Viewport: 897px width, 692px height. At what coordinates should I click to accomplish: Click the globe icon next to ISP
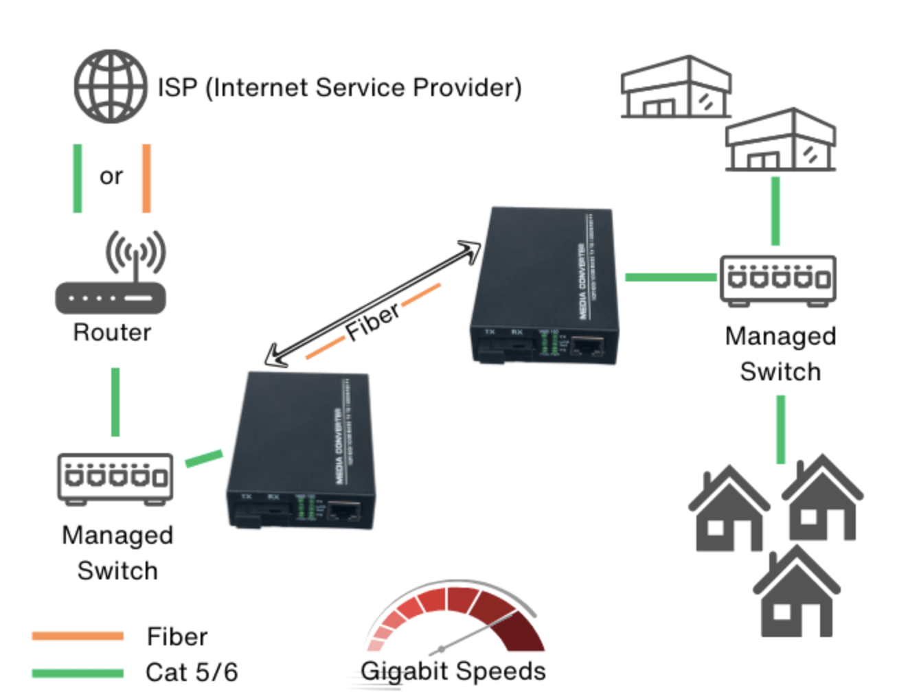pos(111,86)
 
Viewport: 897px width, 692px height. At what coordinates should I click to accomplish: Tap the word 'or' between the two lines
pos(111,176)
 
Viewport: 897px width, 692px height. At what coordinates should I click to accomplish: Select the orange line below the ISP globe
pos(146,178)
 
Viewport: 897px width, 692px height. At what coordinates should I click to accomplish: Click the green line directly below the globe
pos(78,178)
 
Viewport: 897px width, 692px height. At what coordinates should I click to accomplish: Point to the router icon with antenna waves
pos(111,275)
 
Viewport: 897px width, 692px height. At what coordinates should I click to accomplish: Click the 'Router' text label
pos(112,332)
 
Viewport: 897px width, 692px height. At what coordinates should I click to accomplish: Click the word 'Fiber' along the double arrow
pos(372,321)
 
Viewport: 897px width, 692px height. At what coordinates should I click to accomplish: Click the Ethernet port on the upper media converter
pos(587,347)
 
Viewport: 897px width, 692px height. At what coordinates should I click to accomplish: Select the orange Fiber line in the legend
pos(78,636)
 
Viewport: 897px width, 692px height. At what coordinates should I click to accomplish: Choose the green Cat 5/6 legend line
pos(78,673)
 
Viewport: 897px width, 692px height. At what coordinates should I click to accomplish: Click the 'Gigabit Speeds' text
pos(453,671)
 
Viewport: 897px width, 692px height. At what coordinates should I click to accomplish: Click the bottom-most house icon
pos(797,595)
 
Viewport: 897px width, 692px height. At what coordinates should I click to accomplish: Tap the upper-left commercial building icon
pos(676,88)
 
